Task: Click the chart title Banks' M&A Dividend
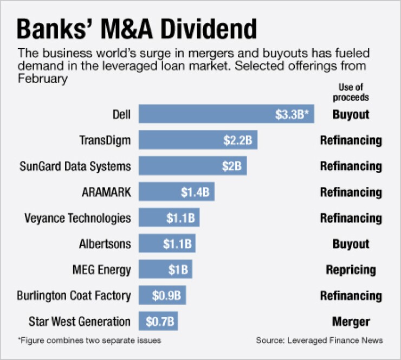pyautogui.click(x=137, y=29)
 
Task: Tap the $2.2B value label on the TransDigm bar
pyautogui.click(x=237, y=140)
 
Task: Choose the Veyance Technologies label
pyautogui.click(x=78, y=218)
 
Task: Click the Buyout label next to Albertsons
pyautogui.click(x=351, y=244)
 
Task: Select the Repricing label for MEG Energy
pyautogui.click(x=351, y=269)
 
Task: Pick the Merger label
pyautogui.click(x=351, y=322)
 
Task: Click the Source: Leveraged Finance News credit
pyautogui.click(x=320, y=340)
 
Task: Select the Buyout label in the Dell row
pyautogui.click(x=351, y=114)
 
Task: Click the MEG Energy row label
pyautogui.click(x=102, y=269)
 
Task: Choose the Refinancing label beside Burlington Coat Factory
pyautogui.click(x=351, y=295)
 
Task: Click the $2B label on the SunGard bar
pyautogui.click(x=231, y=166)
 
